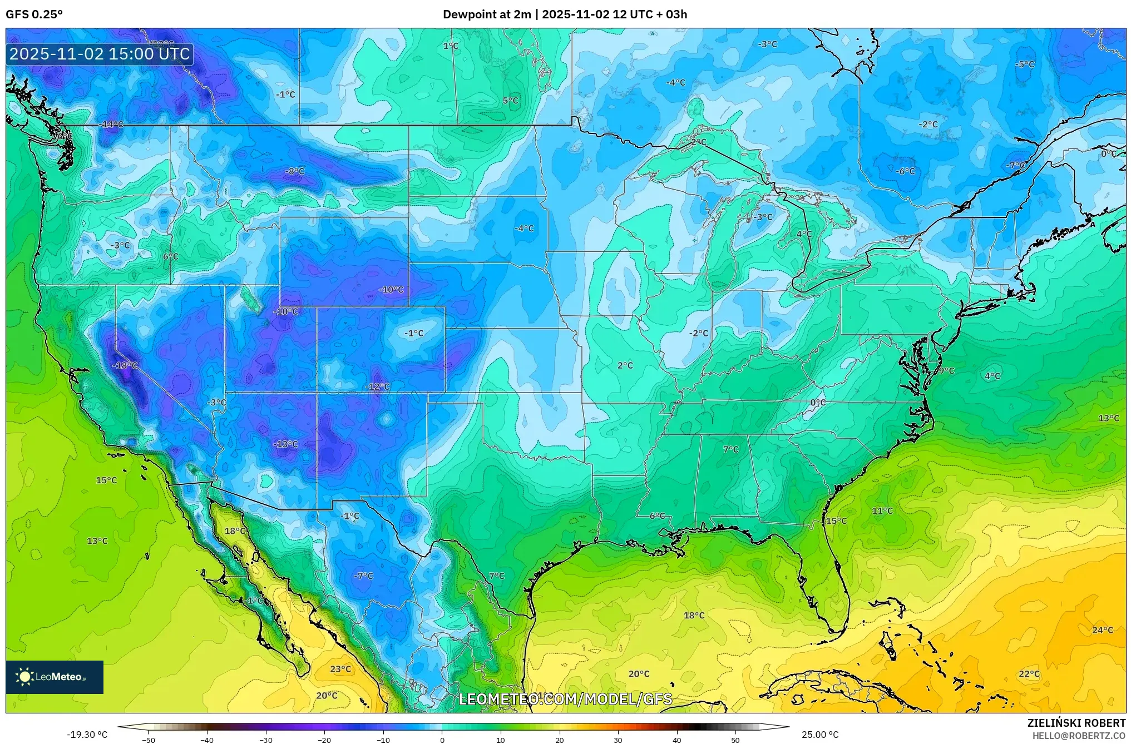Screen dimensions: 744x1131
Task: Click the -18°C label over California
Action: (x=125, y=365)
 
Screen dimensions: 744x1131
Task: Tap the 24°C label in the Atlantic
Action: (x=1102, y=630)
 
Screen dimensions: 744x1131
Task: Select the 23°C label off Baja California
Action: (x=340, y=669)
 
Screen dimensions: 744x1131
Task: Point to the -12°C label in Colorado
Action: (x=377, y=386)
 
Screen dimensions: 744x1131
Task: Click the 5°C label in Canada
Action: (x=510, y=101)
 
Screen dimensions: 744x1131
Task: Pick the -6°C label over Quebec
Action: (x=905, y=171)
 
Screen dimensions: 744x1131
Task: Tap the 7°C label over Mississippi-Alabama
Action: (x=730, y=449)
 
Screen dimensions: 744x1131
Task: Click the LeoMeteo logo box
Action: (x=55, y=677)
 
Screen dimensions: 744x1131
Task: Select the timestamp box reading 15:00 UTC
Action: (x=100, y=54)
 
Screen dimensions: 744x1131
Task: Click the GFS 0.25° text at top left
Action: (x=34, y=14)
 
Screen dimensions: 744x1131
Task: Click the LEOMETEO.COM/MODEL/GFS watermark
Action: (x=565, y=699)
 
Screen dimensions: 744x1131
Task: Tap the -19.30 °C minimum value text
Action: (x=87, y=735)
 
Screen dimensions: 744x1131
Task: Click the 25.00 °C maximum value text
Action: (x=819, y=735)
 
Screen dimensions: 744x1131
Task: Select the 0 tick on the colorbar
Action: (x=442, y=740)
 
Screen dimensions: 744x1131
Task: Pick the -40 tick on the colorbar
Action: (x=207, y=740)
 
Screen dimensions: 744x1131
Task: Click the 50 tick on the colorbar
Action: (x=735, y=740)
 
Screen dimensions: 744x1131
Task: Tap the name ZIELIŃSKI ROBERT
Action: (x=1076, y=723)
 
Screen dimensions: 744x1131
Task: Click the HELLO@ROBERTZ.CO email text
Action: (x=1079, y=736)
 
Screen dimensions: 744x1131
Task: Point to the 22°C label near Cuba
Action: (x=1029, y=674)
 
